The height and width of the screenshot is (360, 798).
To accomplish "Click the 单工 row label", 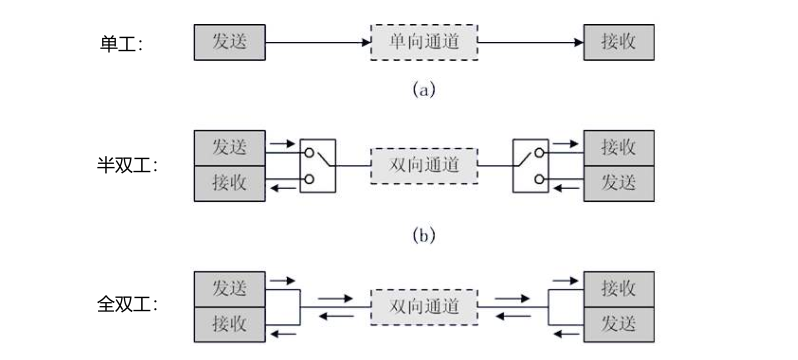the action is tap(121, 44).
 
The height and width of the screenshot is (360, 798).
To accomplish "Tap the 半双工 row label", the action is tap(127, 165).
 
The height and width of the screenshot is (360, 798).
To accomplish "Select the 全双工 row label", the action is tap(127, 305).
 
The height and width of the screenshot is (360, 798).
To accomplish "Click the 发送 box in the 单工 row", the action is tap(230, 42).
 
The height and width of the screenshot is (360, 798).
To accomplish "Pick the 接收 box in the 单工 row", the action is tap(619, 42).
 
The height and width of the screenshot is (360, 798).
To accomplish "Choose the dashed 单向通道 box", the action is tap(424, 42).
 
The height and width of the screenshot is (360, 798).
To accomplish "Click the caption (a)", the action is tap(424, 90).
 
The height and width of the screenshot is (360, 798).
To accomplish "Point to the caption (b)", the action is tap(424, 235).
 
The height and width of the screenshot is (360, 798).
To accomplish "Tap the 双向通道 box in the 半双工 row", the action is tap(424, 165).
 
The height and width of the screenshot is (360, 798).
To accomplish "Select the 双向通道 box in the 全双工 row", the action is tap(424, 307).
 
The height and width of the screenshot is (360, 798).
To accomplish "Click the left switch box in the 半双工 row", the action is tap(318, 165).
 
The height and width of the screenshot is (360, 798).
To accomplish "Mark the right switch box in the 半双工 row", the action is tap(530, 165).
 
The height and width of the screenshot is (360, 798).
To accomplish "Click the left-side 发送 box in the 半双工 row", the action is tap(230, 148).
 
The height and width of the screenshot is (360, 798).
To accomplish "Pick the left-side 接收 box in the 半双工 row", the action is tap(230, 183).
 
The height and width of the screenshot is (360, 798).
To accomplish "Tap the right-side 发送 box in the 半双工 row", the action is tap(619, 183).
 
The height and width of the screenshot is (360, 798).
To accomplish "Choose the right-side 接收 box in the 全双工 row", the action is tap(619, 289).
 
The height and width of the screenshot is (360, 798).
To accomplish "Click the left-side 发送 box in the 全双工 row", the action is tap(230, 289).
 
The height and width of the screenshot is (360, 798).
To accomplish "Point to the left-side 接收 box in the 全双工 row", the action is tap(230, 324).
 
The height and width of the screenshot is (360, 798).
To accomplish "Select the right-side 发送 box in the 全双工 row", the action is tap(619, 324).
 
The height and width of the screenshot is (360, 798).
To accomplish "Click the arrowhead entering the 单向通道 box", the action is tap(366, 42).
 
